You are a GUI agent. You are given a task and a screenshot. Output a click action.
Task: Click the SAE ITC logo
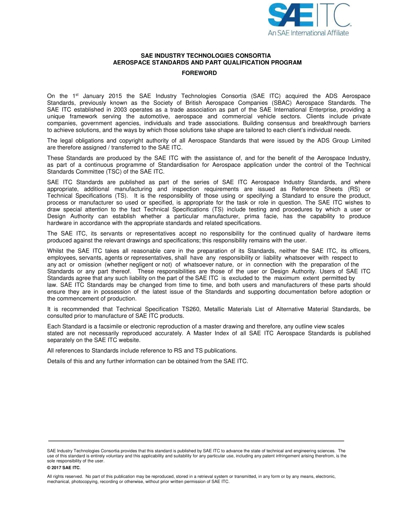coord(309,15)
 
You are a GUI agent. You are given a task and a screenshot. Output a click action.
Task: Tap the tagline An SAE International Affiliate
coord(308,33)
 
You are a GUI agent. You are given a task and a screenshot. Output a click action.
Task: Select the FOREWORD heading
coord(199,73)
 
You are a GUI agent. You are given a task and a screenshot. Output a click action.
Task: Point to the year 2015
coord(116,96)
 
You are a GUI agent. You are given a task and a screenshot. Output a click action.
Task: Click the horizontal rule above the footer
coord(196,440)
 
